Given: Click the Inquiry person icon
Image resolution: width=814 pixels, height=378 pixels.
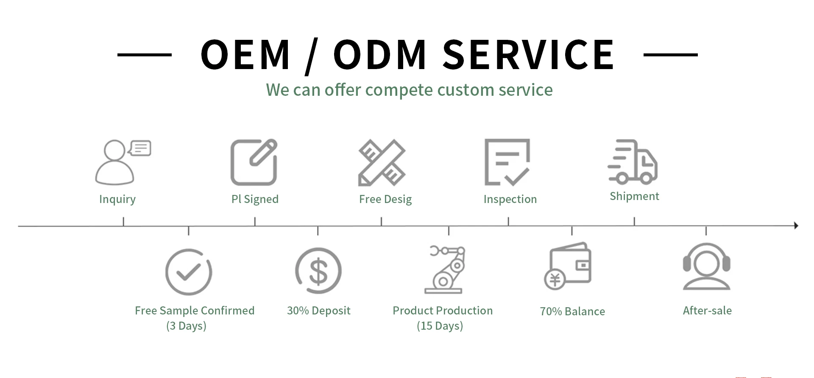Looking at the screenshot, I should click(x=115, y=163).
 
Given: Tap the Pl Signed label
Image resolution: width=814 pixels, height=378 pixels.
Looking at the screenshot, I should click(x=255, y=199).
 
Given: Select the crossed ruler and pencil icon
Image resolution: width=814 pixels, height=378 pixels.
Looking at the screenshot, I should click(x=382, y=162).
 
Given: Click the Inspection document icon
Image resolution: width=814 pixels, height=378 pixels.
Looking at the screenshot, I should click(x=507, y=162).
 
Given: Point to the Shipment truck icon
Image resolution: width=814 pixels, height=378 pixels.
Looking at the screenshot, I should click(x=633, y=162).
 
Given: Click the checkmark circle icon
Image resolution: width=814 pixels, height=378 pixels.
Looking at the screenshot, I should click(x=189, y=272).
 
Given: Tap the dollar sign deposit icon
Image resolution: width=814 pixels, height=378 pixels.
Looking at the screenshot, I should click(x=318, y=271).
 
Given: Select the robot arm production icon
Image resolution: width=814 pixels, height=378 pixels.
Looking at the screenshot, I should click(x=445, y=270).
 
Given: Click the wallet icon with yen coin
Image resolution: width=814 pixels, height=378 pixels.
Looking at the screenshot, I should click(x=568, y=266).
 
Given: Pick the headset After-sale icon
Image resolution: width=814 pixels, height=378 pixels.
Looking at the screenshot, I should click(x=706, y=267).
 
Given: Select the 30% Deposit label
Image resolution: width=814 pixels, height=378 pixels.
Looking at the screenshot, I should click(x=319, y=311).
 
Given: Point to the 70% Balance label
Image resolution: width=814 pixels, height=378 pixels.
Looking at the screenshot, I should click(x=572, y=311).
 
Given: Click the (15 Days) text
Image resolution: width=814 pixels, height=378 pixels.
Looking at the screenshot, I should click(x=440, y=326).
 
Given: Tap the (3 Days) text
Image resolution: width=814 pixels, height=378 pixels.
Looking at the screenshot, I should click(x=186, y=326).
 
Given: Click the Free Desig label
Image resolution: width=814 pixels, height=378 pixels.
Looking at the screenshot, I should click(x=385, y=199).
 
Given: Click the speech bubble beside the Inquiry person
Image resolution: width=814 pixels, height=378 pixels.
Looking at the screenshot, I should click(x=140, y=148).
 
